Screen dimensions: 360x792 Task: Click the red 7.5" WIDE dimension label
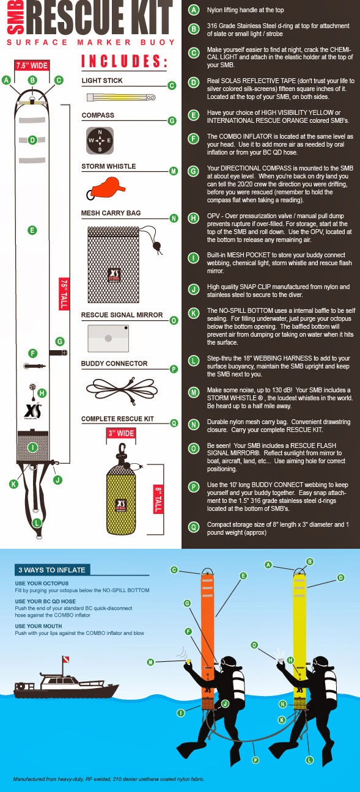(31, 65)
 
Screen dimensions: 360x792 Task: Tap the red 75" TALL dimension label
(64, 293)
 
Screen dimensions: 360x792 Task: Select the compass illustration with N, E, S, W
(100, 141)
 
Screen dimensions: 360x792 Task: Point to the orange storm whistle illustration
(106, 188)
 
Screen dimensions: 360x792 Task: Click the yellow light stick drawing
(121, 97)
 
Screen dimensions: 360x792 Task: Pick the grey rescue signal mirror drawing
(108, 339)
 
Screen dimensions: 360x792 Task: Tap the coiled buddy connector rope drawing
(122, 390)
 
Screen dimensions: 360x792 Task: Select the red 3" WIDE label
(121, 433)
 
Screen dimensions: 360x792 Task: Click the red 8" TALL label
(158, 499)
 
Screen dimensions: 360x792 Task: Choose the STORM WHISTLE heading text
(109, 166)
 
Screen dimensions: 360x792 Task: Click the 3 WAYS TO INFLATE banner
(52, 570)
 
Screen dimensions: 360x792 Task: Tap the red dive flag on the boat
(65, 659)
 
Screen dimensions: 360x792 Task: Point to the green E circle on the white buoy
(32, 230)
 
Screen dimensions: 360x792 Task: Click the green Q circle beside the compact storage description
(193, 527)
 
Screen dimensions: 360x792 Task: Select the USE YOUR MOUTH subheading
(39, 626)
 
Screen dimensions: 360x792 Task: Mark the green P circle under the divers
(255, 760)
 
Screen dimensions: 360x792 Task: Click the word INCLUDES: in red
(124, 61)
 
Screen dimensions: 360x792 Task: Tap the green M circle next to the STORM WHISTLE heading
(174, 172)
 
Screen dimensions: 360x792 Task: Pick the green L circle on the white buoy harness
(37, 522)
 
